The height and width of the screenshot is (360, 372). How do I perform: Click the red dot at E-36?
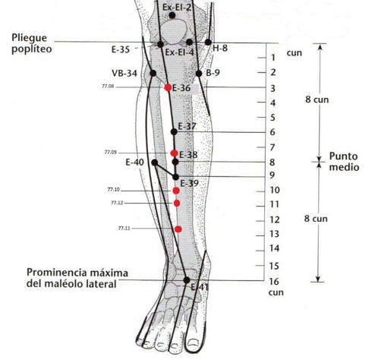click(x=168, y=87)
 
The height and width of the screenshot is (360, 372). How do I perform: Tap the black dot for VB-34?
click(x=153, y=74)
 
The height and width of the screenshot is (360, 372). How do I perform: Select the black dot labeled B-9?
click(x=199, y=74)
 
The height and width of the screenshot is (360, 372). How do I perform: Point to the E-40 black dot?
click(x=155, y=163)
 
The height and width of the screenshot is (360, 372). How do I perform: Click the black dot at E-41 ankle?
click(x=187, y=280)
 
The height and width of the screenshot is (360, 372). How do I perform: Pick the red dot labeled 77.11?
click(x=178, y=229)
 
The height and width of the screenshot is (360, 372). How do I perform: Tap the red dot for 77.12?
click(x=177, y=203)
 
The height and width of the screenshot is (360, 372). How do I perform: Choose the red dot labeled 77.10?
click(x=176, y=191)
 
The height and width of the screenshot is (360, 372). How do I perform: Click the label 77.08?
click(x=108, y=87)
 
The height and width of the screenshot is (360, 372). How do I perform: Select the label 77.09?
click(x=111, y=153)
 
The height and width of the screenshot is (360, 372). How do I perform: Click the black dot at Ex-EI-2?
click(x=172, y=15)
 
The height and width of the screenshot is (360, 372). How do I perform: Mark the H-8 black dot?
click(x=208, y=43)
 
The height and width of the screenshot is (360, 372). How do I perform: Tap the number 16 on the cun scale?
click(x=274, y=282)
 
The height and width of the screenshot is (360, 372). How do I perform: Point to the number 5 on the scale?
click(x=273, y=118)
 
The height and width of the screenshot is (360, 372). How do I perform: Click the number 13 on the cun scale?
click(x=274, y=234)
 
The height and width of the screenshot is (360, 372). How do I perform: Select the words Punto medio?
click(x=344, y=162)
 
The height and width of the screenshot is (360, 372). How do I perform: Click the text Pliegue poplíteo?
click(x=32, y=43)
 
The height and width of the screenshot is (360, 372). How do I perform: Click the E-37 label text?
click(x=187, y=126)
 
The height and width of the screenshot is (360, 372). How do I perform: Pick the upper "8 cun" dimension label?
click(x=317, y=99)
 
